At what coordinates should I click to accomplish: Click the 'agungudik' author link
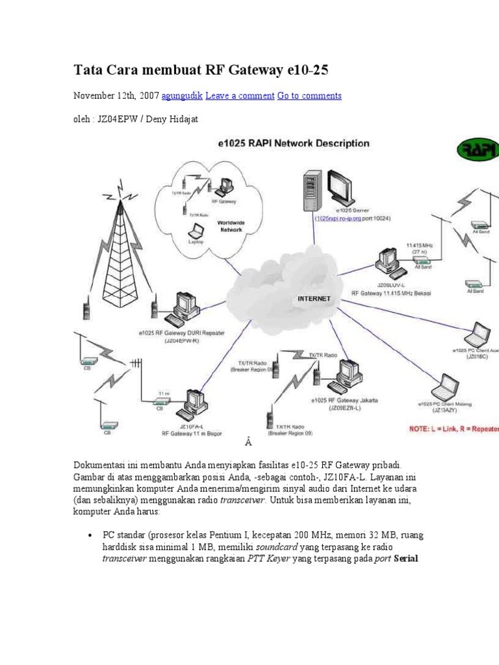(x=181, y=95)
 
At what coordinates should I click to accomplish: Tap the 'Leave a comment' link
(x=240, y=95)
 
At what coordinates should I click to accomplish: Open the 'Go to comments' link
(x=309, y=95)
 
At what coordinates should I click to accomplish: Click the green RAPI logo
(x=478, y=151)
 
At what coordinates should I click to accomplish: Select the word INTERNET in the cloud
(x=314, y=299)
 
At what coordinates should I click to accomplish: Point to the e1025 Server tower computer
(x=311, y=189)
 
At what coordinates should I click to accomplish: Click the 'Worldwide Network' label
(x=230, y=225)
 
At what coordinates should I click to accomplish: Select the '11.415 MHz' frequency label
(x=419, y=245)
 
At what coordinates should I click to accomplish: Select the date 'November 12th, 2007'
(x=115, y=95)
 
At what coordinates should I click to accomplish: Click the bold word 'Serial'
(x=406, y=558)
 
